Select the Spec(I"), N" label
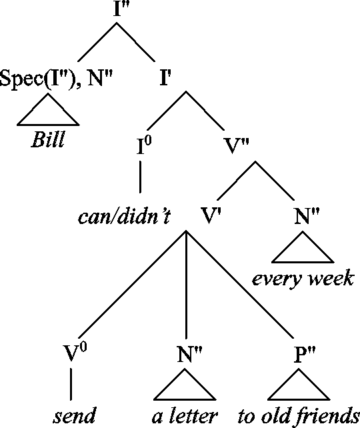(56, 79)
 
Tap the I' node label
(166, 78)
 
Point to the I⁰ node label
(145, 145)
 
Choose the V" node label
(237, 146)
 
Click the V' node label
(211, 215)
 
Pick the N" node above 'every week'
(307, 215)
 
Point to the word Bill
(48, 139)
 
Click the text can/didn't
(124, 217)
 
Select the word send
(74, 415)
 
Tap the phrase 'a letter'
(185, 416)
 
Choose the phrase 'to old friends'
(299, 416)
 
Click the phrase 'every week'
(303, 279)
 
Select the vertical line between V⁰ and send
(71, 384)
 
